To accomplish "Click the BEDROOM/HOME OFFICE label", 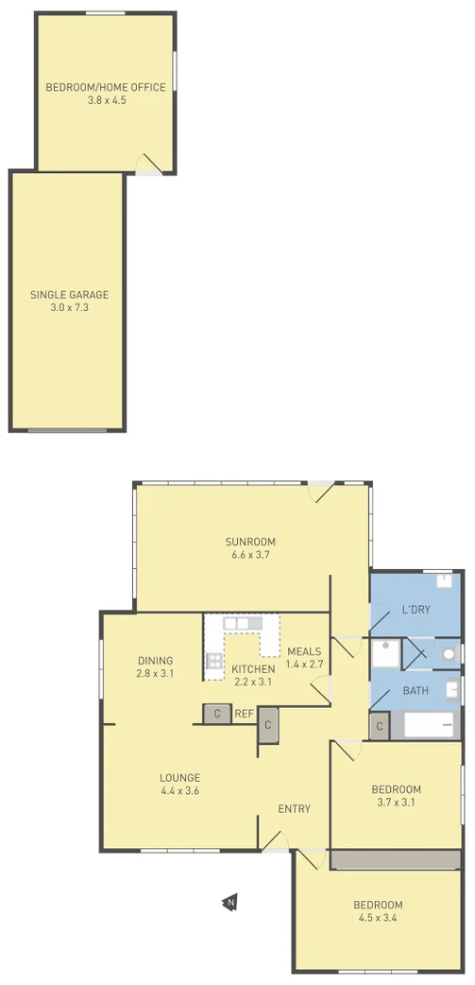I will pos(105,87).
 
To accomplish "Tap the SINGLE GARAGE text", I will pos(68,294).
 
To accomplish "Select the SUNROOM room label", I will pos(250,542).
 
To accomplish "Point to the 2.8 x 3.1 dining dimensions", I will pos(155,673).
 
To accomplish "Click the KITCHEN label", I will pos(253,669).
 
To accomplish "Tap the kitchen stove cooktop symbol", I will pos(214,661).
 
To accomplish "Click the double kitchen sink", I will pos(243,624).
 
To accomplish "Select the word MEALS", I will pos(304,651).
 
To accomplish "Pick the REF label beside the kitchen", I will pos(243,714).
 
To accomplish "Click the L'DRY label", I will pos(416,610).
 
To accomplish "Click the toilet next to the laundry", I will pos(449,653).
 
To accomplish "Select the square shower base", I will pos(384,653).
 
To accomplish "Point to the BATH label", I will pos(416,691).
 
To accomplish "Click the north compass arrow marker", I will pos(229,903).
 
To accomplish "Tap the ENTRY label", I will pos(294,808).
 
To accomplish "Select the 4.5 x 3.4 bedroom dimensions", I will pos(378,916).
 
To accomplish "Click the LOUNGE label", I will pos(179,778).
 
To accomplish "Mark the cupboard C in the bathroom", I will pos(380,726).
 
